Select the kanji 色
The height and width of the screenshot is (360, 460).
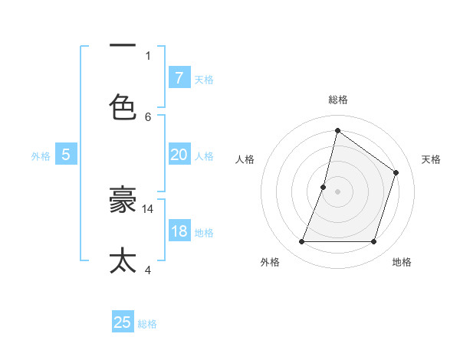pyautogui.click(x=123, y=106)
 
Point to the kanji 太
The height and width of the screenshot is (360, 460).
pyautogui.click(x=123, y=259)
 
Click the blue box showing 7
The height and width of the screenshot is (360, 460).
pyautogui.click(x=179, y=77)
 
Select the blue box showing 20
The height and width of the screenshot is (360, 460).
pyautogui.click(x=179, y=155)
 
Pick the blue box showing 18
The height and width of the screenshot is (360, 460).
pyautogui.click(x=179, y=231)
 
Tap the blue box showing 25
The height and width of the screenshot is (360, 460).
pyautogui.click(x=123, y=322)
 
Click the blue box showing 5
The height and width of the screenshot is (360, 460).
pyautogui.click(x=66, y=155)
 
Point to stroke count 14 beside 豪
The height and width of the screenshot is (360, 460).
pyautogui.click(x=148, y=208)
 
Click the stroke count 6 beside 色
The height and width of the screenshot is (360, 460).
pyautogui.click(x=148, y=116)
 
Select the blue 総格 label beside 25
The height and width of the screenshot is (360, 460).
pyautogui.click(x=147, y=324)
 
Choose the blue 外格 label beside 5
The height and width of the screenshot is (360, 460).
pyautogui.click(x=41, y=156)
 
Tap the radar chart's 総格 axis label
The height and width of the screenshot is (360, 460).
pyautogui.click(x=337, y=100)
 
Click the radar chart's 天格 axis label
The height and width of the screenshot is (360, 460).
pyautogui.click(x=431, y=159)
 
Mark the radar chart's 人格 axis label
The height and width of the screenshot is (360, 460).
pyautogui.click(x=245, y=159)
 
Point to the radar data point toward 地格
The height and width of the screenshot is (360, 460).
pyautogui.click(x=373, y=242)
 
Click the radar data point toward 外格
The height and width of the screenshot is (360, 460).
pyautogui.click(x=301, y=242)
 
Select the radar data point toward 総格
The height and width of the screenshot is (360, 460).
pyautogui.click(x=337, y=130)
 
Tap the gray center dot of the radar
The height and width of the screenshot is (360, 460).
pyautogui.click(x=337, y=191)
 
